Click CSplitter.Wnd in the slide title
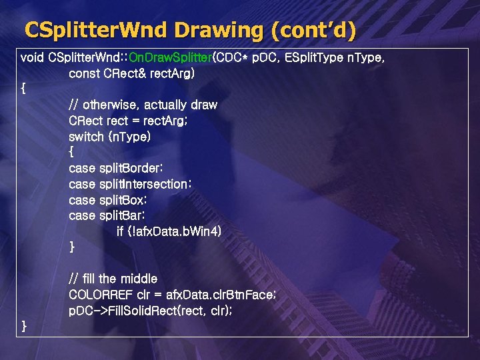click(x=96, y=30)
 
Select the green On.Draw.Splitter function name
click(x=169, y=57)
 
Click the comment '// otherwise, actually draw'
click(x=143, y=105)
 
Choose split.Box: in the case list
click(x=123, y=199)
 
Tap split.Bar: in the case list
click(x=122, y=215)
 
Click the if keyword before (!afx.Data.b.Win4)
click(x=120, y=231)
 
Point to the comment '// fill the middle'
click(x=113, y=279)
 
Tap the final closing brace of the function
click(x=25, y=326)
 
